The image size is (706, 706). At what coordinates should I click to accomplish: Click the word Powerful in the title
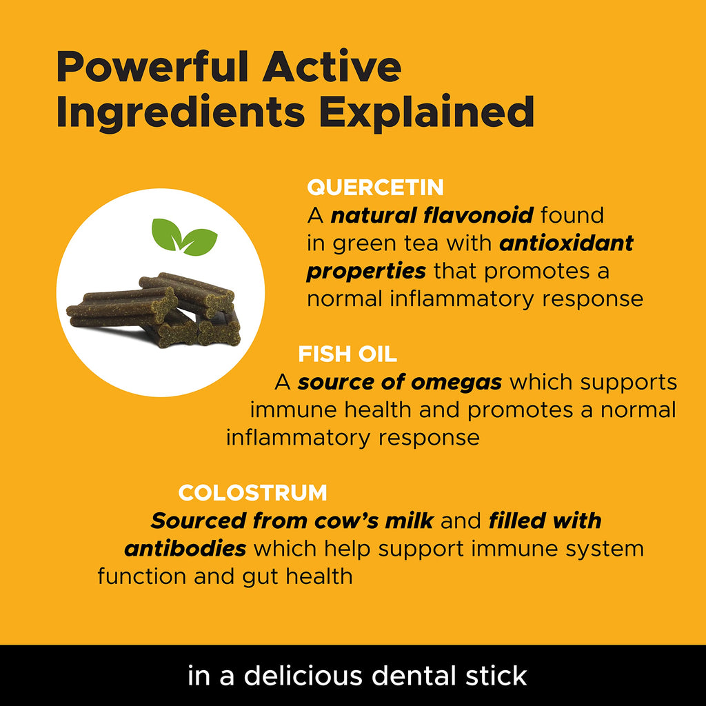coord(153,67)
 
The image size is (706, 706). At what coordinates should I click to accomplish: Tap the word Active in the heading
coord(332,67)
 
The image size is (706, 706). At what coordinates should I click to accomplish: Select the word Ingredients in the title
coord(181,113)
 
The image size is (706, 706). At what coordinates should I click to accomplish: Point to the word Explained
coord(427,113)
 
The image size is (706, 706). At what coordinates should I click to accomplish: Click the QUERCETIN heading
coord(376,188)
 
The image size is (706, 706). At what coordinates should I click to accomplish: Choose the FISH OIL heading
coord(347,354)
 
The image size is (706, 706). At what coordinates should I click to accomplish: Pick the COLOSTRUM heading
coord(252,492)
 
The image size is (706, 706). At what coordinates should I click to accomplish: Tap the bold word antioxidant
coord(567,243)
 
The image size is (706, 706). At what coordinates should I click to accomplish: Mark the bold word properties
coord(366,272)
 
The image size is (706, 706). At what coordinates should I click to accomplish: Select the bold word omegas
coord(456,383)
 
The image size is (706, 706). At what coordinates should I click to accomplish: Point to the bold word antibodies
coord(185,548)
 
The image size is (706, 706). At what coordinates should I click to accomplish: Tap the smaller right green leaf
coord(199,242)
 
